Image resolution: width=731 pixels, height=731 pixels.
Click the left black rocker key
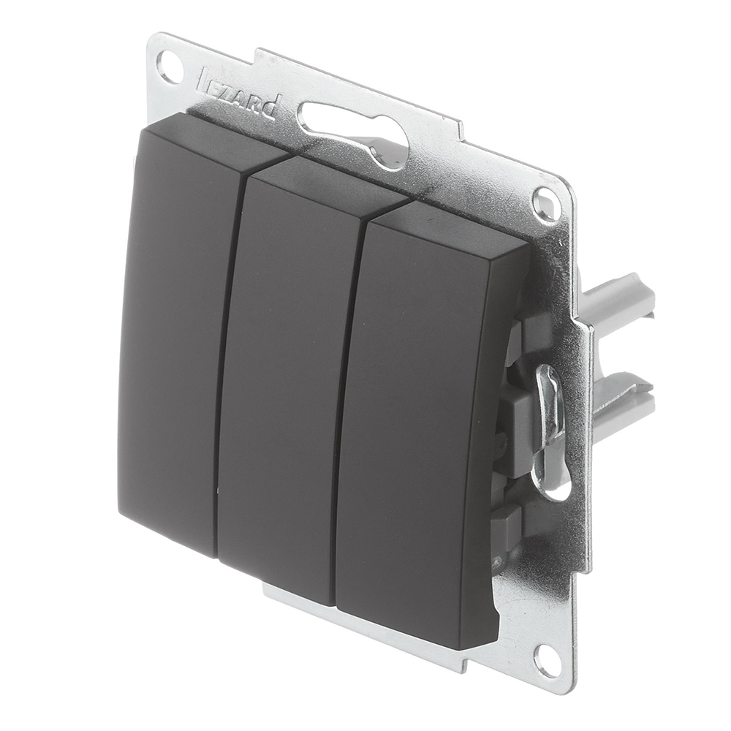click(182, 336)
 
